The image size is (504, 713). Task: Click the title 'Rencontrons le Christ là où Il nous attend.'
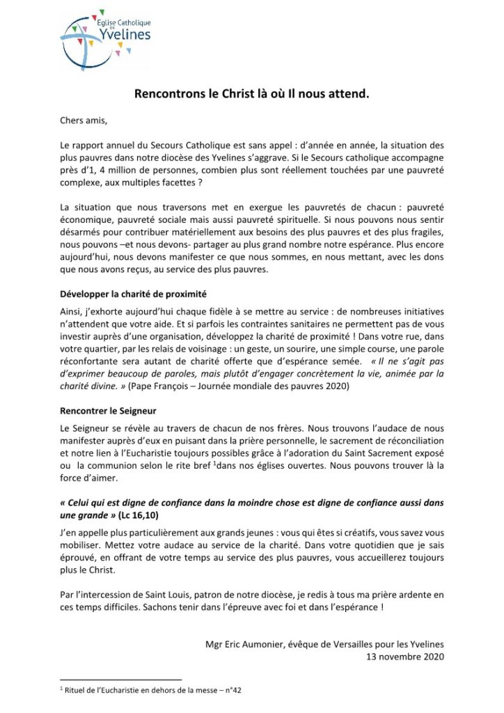(251, 94)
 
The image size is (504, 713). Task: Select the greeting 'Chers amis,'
(84, 120)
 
